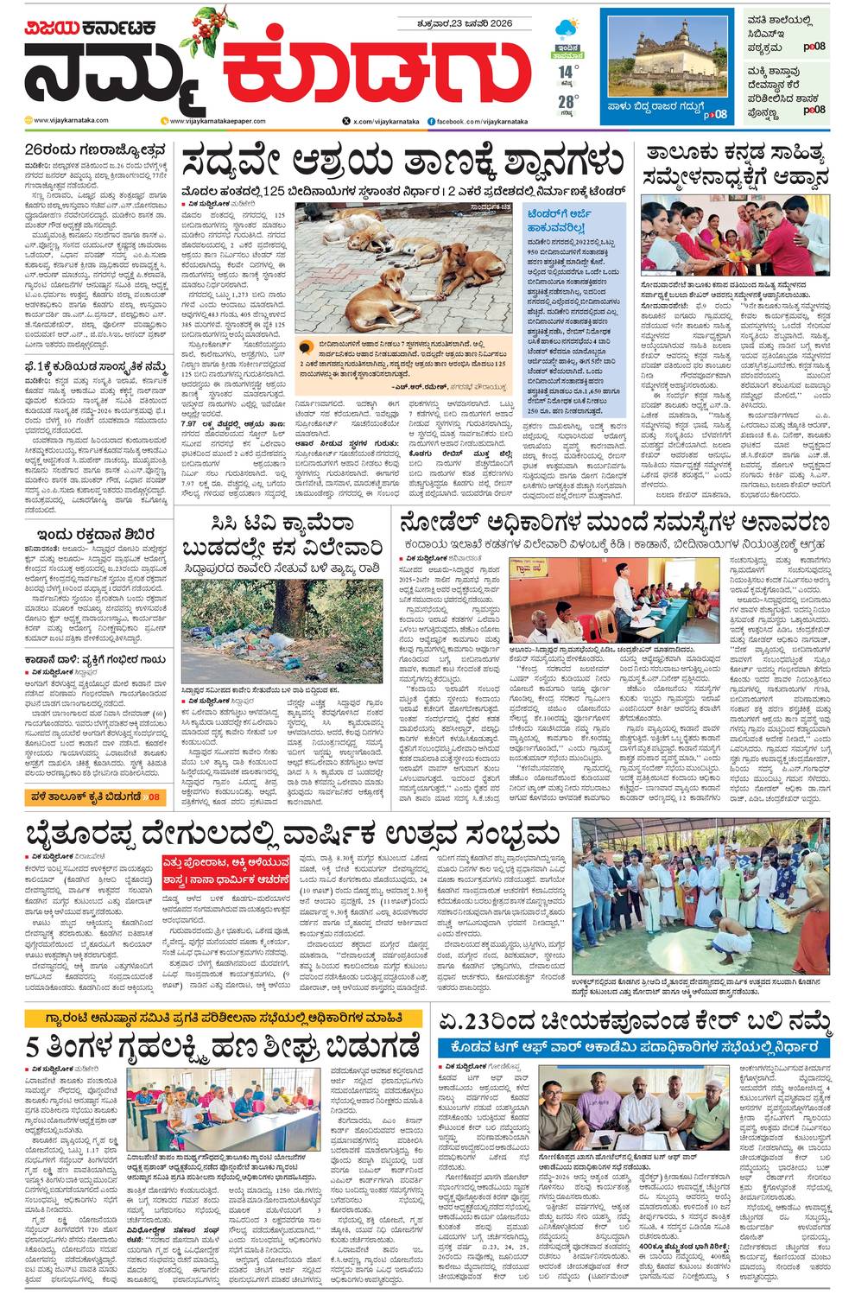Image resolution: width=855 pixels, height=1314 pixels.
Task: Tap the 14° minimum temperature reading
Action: click(x=566, y=72)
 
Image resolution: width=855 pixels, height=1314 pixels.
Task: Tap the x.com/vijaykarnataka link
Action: click(x=380, y=121)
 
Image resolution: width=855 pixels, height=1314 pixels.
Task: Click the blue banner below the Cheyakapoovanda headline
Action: click(x=634, y=1046)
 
